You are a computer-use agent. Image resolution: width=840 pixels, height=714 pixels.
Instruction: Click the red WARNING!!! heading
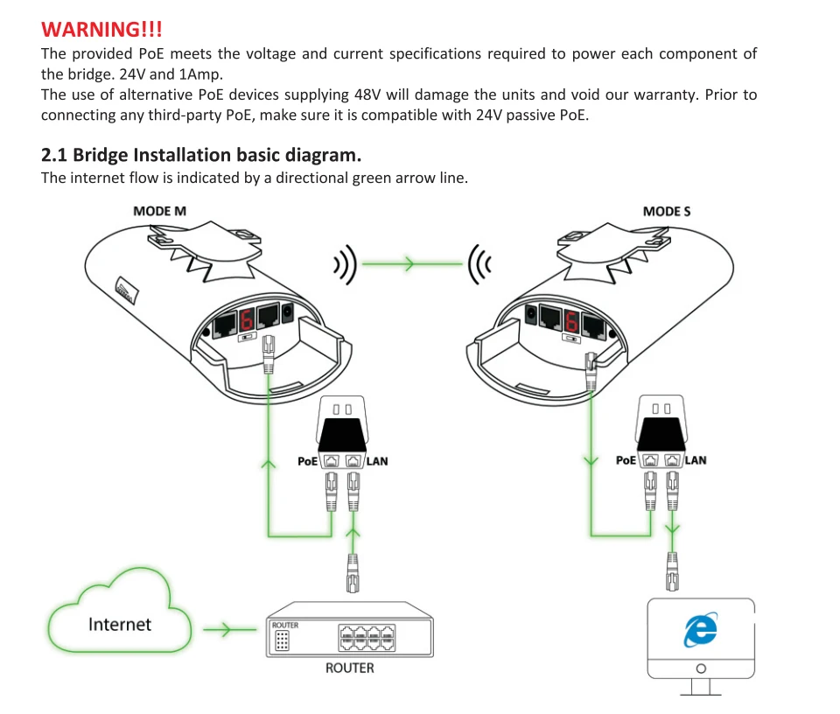pos(101,29)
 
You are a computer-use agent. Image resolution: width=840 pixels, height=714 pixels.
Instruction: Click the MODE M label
pos(159,211)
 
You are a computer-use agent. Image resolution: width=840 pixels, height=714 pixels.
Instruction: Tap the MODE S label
pos(667,212)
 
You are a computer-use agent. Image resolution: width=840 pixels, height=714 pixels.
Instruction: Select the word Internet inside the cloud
pos(120,624)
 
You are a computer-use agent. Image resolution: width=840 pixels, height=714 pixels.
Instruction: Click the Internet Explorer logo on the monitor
pos(701,629)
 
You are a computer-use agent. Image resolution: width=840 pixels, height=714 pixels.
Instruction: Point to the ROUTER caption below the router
pos(350,668)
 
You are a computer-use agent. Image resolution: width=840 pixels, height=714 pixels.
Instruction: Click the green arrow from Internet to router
pos(230,629)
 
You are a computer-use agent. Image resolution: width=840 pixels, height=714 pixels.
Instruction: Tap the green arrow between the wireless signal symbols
pos(412,263)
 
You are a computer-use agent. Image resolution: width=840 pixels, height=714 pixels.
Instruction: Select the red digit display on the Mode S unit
pos(571,321)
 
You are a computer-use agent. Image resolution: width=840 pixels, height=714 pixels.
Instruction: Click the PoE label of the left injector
pos(307,461)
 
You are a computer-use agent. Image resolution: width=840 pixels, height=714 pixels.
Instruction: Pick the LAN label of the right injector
pos(696,460)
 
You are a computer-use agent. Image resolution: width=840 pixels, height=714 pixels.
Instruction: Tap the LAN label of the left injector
pos(377,461)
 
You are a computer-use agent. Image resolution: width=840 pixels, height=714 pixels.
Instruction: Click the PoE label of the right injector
pos(626,460)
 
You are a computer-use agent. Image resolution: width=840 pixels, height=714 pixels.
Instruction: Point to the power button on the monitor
pos(701,668)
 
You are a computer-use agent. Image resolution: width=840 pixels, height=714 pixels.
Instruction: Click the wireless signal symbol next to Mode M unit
pos(345,264)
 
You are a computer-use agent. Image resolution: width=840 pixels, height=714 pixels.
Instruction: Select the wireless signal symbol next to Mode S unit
pos(479,264)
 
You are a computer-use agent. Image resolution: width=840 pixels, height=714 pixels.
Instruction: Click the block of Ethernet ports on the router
pos(367,637)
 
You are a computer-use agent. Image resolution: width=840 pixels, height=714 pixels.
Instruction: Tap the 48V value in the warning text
pos(367,94)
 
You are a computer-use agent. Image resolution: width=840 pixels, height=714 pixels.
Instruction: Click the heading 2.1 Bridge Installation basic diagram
pos(201,155)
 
